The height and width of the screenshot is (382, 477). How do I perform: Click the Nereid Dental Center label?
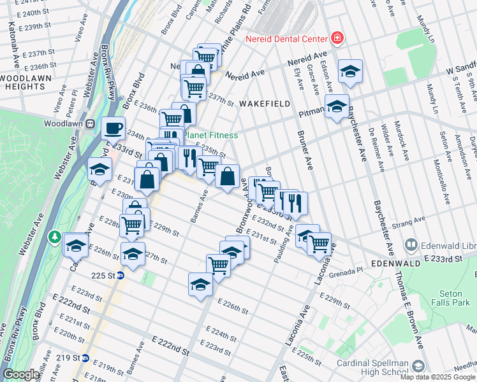pyautogui.click(x=286, y=38)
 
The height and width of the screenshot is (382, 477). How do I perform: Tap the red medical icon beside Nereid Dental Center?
pyautogui.click(x=336, y=38)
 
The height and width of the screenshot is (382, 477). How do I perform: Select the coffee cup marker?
pyautogui.click(x=114, y=129)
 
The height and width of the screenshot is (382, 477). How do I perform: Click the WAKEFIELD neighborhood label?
pyautogui.click(x=265, y=103)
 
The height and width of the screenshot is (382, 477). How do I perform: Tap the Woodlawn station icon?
pyautogui.click(x=91, y=124)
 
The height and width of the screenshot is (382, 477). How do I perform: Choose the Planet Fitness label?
pyautogui.click(x=210, y=135)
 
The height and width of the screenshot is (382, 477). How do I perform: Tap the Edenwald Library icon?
pyautogui.click(x=412, y=245)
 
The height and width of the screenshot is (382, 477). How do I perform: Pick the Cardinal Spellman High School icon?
pyautogui.click(x=418, y=367)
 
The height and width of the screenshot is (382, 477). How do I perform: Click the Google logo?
pyautogui.click(x=22, y=375)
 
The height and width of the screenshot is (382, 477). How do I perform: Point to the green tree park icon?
pyautogui.click(x=55, y=237)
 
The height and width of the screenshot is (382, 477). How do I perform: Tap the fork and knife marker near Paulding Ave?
pyautogui.click(x=295, y=203)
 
